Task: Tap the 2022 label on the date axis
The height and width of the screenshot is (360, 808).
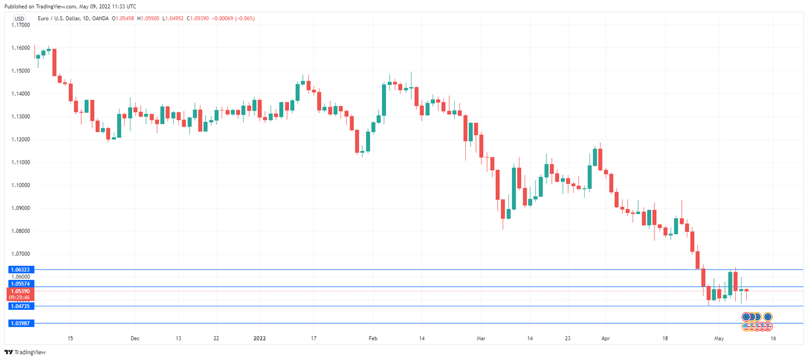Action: (260, 339)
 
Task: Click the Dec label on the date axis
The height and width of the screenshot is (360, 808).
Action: (134, 339)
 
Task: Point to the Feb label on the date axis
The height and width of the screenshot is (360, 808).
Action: (372, 339)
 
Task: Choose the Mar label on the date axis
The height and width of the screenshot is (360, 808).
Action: (480, 339)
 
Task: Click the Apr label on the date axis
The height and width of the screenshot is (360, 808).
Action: (605, 339)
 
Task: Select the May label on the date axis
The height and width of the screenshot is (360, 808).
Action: (719, 339)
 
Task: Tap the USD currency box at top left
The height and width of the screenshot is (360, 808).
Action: (19, 18)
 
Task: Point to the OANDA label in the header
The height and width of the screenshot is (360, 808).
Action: (114, 18)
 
